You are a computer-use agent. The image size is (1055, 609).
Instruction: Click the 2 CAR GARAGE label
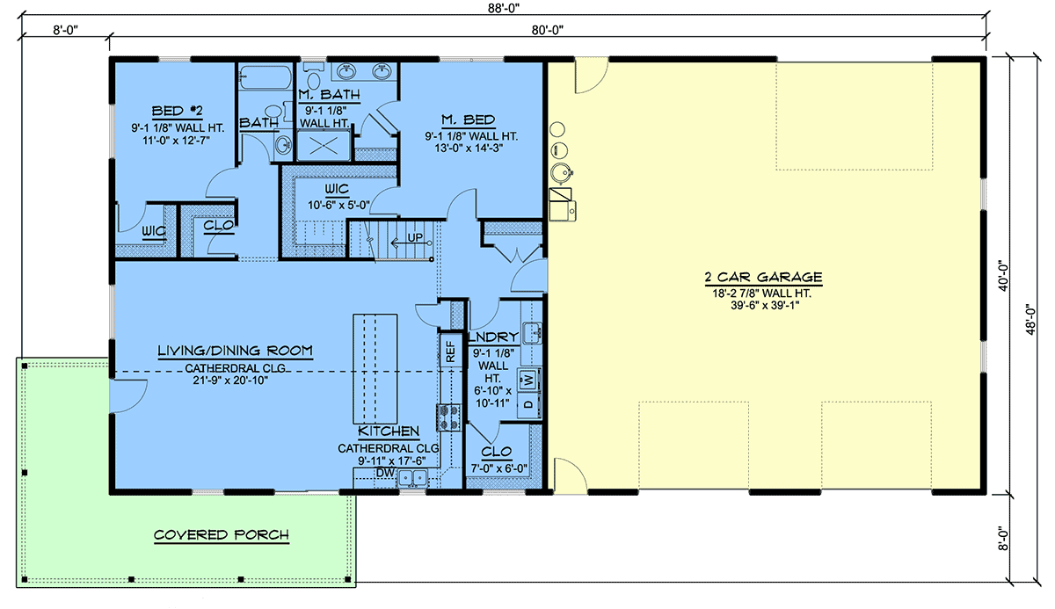pos(763,277)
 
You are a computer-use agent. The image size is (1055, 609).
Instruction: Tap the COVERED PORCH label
pos(222,534)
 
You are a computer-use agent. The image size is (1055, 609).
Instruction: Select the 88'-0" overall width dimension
pos(504,8)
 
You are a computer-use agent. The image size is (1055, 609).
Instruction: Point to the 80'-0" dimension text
pos(547,30)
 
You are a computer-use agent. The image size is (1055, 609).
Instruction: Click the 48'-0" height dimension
pos(1031,319)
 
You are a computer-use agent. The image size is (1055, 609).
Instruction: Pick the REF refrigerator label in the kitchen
pos(450,352)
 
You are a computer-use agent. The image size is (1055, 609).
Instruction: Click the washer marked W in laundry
pos(528,380)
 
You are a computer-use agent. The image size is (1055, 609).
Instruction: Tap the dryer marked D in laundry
pos(528,404)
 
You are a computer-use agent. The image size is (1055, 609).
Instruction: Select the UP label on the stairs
pos(414,237)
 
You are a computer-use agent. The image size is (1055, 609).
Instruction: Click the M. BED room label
pos(468,120)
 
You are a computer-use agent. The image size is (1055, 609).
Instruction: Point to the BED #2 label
pos(177,111)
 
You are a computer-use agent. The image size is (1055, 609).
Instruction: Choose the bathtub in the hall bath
pos(266,76)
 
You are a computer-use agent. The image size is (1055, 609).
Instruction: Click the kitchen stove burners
pos(448,417)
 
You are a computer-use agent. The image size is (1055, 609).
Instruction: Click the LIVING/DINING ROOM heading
pos(235,351)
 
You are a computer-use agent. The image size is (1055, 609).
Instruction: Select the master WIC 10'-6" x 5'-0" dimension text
pos(338,206)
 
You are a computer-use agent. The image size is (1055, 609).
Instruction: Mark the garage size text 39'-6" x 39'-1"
pos(765,306)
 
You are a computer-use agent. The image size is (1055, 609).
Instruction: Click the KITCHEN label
pos(389,431)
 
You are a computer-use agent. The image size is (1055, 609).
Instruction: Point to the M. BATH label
pos(329,95)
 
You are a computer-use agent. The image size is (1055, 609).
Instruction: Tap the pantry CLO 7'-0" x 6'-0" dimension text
pos(498,468)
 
